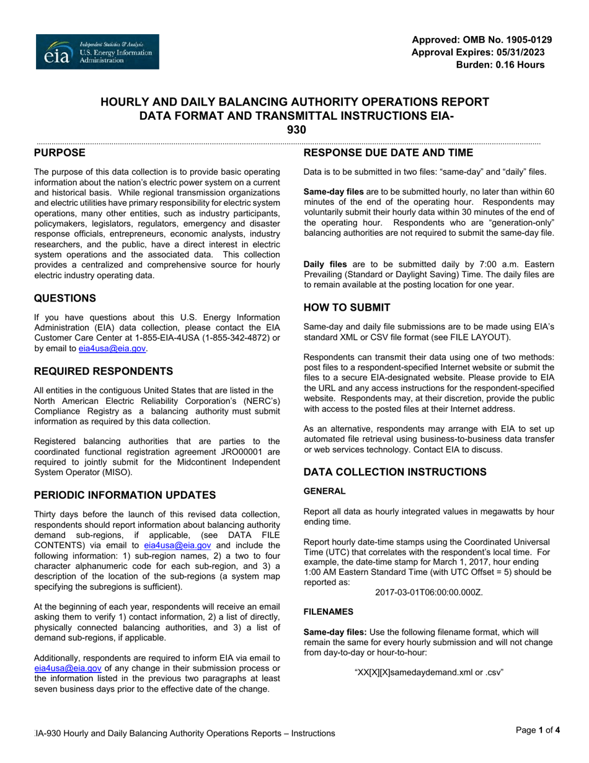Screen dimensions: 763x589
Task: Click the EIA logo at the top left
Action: [97, 51]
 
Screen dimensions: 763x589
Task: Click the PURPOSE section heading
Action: [60, 153]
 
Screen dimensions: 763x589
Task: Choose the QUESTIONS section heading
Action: [64, 298]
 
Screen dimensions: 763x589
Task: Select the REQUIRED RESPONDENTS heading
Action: [103, 372]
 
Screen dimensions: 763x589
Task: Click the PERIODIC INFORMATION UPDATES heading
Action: [125, 495]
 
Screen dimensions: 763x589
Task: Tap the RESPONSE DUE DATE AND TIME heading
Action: [388, 153]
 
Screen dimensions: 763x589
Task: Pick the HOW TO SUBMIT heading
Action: [347, 308]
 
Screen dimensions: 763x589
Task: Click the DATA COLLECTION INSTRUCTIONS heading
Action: [395, 472]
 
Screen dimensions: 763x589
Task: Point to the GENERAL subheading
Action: [324, 491]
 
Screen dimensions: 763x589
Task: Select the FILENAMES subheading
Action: [328, 612]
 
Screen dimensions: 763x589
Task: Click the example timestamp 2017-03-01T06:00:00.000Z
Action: [428, 592]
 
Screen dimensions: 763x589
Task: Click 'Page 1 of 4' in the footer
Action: [538, 730]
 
